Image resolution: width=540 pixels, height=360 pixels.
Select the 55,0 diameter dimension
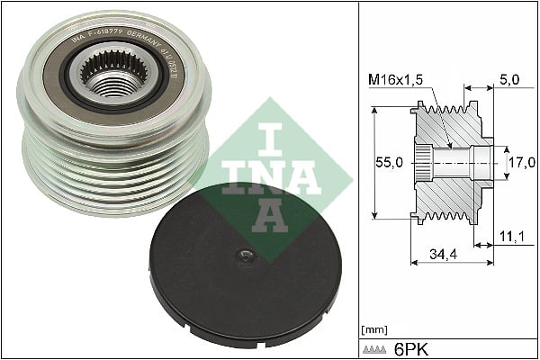[x=389, y=163]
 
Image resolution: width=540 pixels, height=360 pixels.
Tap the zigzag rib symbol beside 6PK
[x=378, y=348]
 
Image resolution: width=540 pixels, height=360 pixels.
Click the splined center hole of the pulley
[x=111, y=75]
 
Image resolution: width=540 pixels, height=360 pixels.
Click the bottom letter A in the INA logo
[x=267, y=214]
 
